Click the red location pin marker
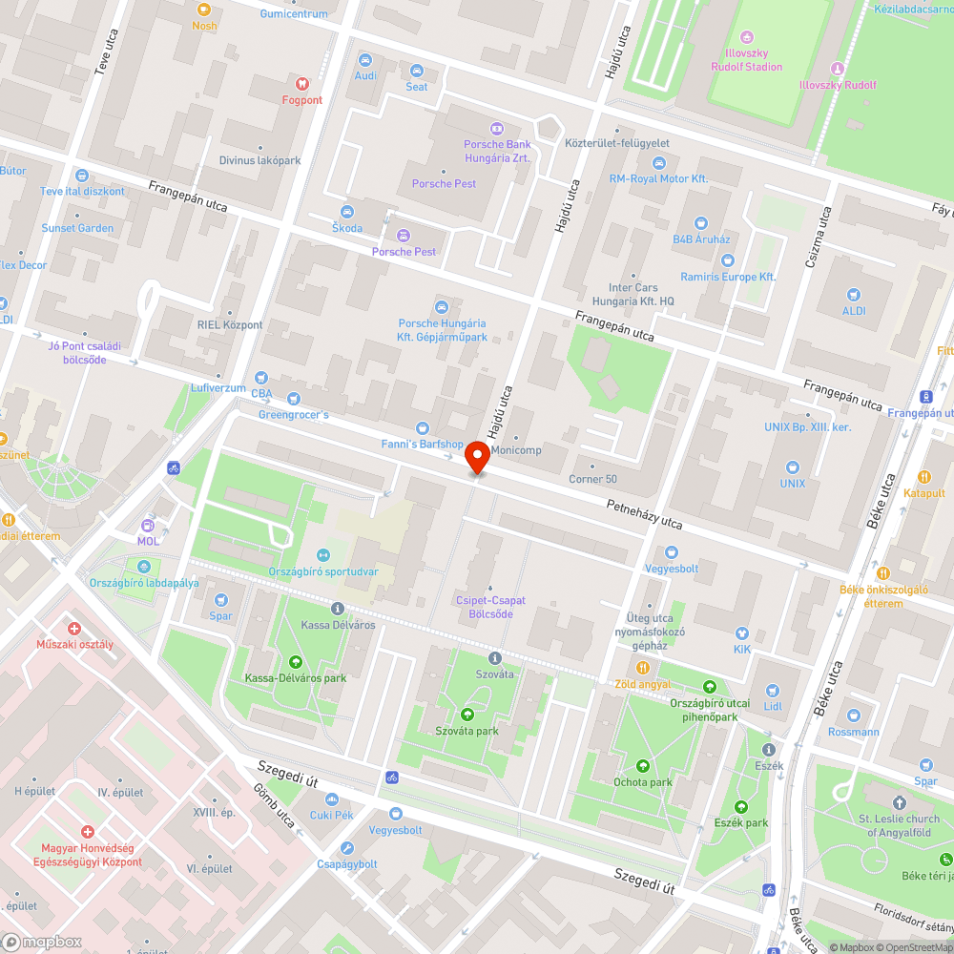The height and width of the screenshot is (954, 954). click(478, 460)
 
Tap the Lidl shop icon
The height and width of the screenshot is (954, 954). click(773, 691)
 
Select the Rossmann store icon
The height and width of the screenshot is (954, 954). click(855, 715)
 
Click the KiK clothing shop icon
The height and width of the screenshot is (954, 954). click(743, 633)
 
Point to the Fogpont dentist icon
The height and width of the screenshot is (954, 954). click(302, 84)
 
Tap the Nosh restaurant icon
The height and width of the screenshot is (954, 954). click(203, 10)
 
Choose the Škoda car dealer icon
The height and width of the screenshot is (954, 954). click(347, 212)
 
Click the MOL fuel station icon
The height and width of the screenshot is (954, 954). click(148, 525)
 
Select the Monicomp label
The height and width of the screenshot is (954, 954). click(516, 450)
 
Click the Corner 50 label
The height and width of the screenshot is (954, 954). click(592, 479)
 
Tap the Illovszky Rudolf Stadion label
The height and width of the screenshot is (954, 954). click(746, 67)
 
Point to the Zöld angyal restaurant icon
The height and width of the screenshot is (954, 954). click(643, 668)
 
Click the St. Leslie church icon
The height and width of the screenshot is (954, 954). click(899, 802)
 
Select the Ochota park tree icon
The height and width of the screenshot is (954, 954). click(643, 766)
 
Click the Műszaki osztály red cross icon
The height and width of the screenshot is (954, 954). click(74, 628)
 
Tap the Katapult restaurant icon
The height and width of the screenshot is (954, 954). click(923, 477)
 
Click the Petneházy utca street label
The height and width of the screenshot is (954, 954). click(645, 514)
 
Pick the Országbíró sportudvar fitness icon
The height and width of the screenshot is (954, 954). click(322, 554)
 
